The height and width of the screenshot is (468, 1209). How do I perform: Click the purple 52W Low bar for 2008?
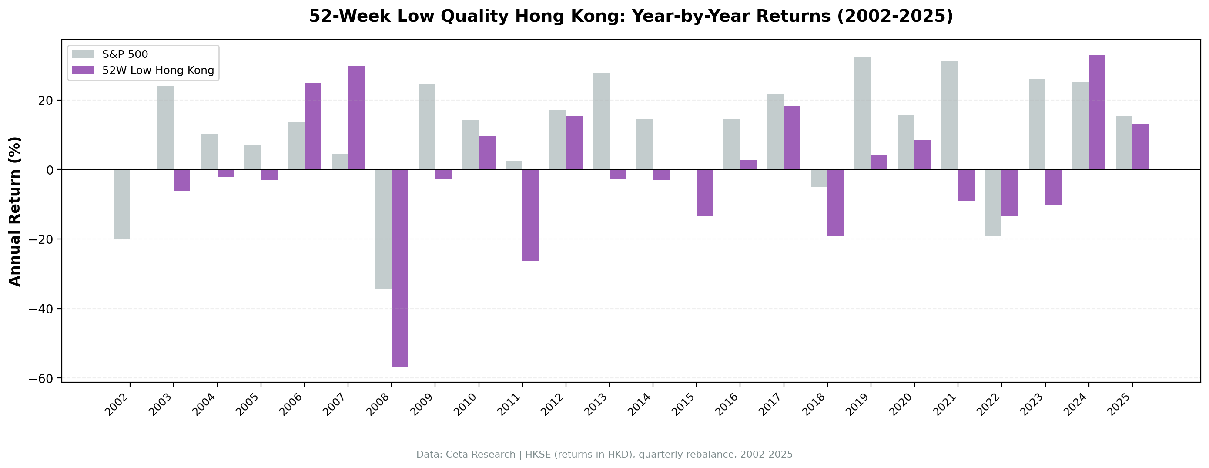[x=399, y=268]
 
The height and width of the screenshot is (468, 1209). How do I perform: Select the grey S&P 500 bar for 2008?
[x=383, y=229]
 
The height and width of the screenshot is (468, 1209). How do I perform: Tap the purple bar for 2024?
[x=1097, y=112]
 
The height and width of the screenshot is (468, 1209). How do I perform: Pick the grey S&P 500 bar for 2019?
[x=862, y=113]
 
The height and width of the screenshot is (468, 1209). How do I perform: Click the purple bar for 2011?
[x=530, y=215]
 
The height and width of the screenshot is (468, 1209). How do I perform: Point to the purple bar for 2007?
[x=356, y=118]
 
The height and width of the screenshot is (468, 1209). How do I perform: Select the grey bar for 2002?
[x=121, y=204]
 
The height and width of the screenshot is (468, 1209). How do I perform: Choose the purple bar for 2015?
[x=704, y=193]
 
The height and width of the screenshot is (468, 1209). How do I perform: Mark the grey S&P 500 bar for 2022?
[x=993, y=202]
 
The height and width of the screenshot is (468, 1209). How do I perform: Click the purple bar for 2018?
[x=835, y=203]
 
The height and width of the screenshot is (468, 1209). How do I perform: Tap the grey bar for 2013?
[x=601, y=121]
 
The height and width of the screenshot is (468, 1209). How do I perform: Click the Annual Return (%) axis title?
[x=15, y=211]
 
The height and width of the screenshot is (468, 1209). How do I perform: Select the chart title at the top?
[x=631, y=17]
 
